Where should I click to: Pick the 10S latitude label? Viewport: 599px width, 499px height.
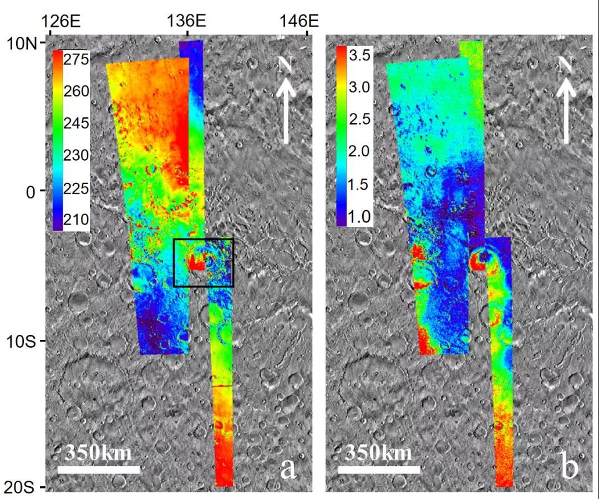coord(22,340)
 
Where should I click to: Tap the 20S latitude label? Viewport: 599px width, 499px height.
coord(22,487)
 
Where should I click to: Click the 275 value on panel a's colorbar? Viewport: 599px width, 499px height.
coord(77,59)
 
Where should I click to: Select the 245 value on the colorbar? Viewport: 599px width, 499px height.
coord(77,123)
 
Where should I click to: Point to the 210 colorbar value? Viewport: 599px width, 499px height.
coord(77,220)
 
